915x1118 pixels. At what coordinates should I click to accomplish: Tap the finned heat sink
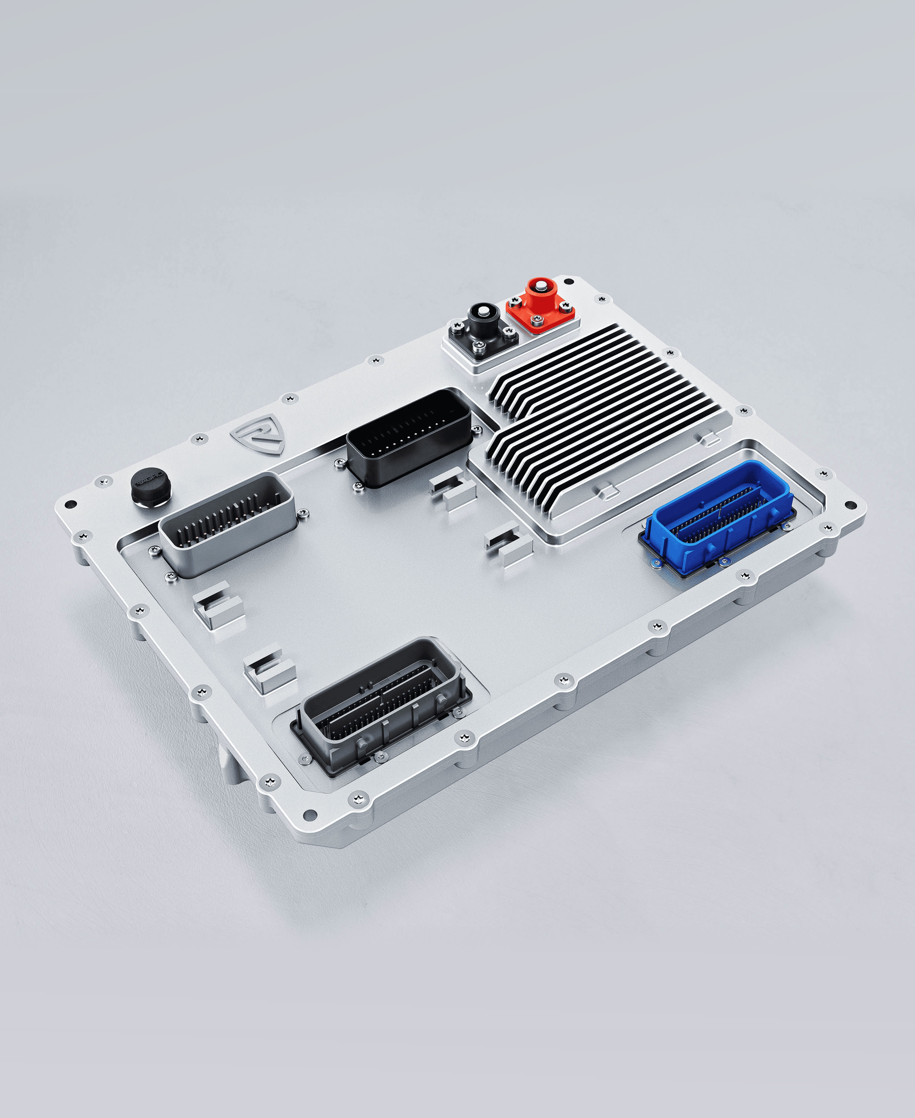click(606, 417)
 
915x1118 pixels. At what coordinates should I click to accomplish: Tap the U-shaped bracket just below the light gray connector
click(219, 604)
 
